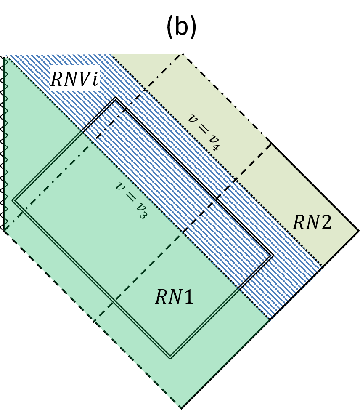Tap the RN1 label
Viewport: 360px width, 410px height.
[175, 297]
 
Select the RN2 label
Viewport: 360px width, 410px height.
[312, 223]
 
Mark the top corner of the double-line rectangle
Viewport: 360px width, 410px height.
[115, 99]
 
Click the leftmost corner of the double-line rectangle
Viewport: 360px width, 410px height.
[13, 201]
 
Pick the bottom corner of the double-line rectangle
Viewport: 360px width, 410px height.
[170, 358]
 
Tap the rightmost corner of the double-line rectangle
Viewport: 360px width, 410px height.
[273, 256]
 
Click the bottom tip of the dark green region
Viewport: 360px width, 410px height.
[181, 406]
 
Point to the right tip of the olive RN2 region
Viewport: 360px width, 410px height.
[357, 231]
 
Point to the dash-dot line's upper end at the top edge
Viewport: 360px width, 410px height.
[184, 55]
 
